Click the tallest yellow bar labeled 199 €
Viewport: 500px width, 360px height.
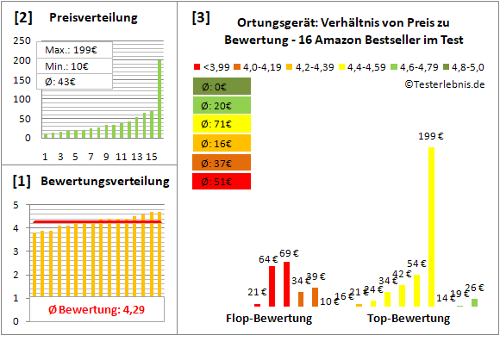pos(430,227)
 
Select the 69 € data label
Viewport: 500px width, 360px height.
pos(290,253)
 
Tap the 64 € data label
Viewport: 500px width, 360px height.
pos(268,258)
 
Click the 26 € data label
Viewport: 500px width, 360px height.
pos(475,288)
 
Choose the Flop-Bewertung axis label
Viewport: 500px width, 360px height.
pos(269,319)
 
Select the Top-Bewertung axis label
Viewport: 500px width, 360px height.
pos(408,319)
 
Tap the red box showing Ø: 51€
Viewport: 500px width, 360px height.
pos(222,181)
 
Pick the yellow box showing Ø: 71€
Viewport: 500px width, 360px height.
pos(222,124)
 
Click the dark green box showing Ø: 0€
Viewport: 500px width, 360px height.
pos(222,86)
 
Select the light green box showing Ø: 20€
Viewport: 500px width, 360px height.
pos(222,105)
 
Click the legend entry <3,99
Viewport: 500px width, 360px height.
pos(215,65)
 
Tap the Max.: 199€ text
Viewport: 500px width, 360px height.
pos(72,50)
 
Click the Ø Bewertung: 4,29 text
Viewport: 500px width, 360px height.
pos(94,309)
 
